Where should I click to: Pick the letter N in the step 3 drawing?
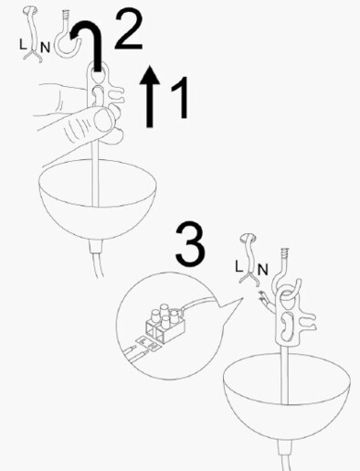[261, 270]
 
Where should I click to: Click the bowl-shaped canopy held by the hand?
[96, 201]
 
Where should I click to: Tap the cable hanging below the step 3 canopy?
[289, 453]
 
